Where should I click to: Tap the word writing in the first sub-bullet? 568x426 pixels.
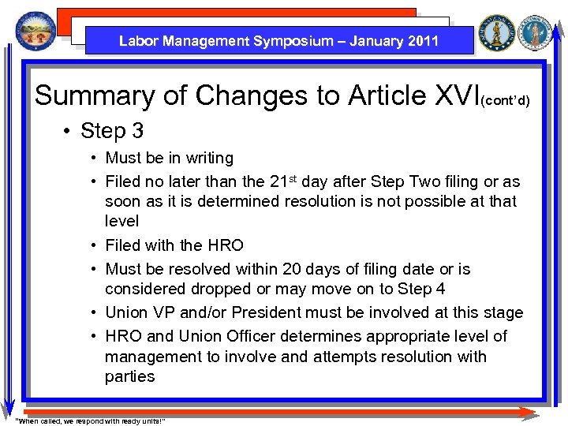206,159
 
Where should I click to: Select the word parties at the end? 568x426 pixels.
129,377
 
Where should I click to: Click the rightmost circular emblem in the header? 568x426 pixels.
540,32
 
